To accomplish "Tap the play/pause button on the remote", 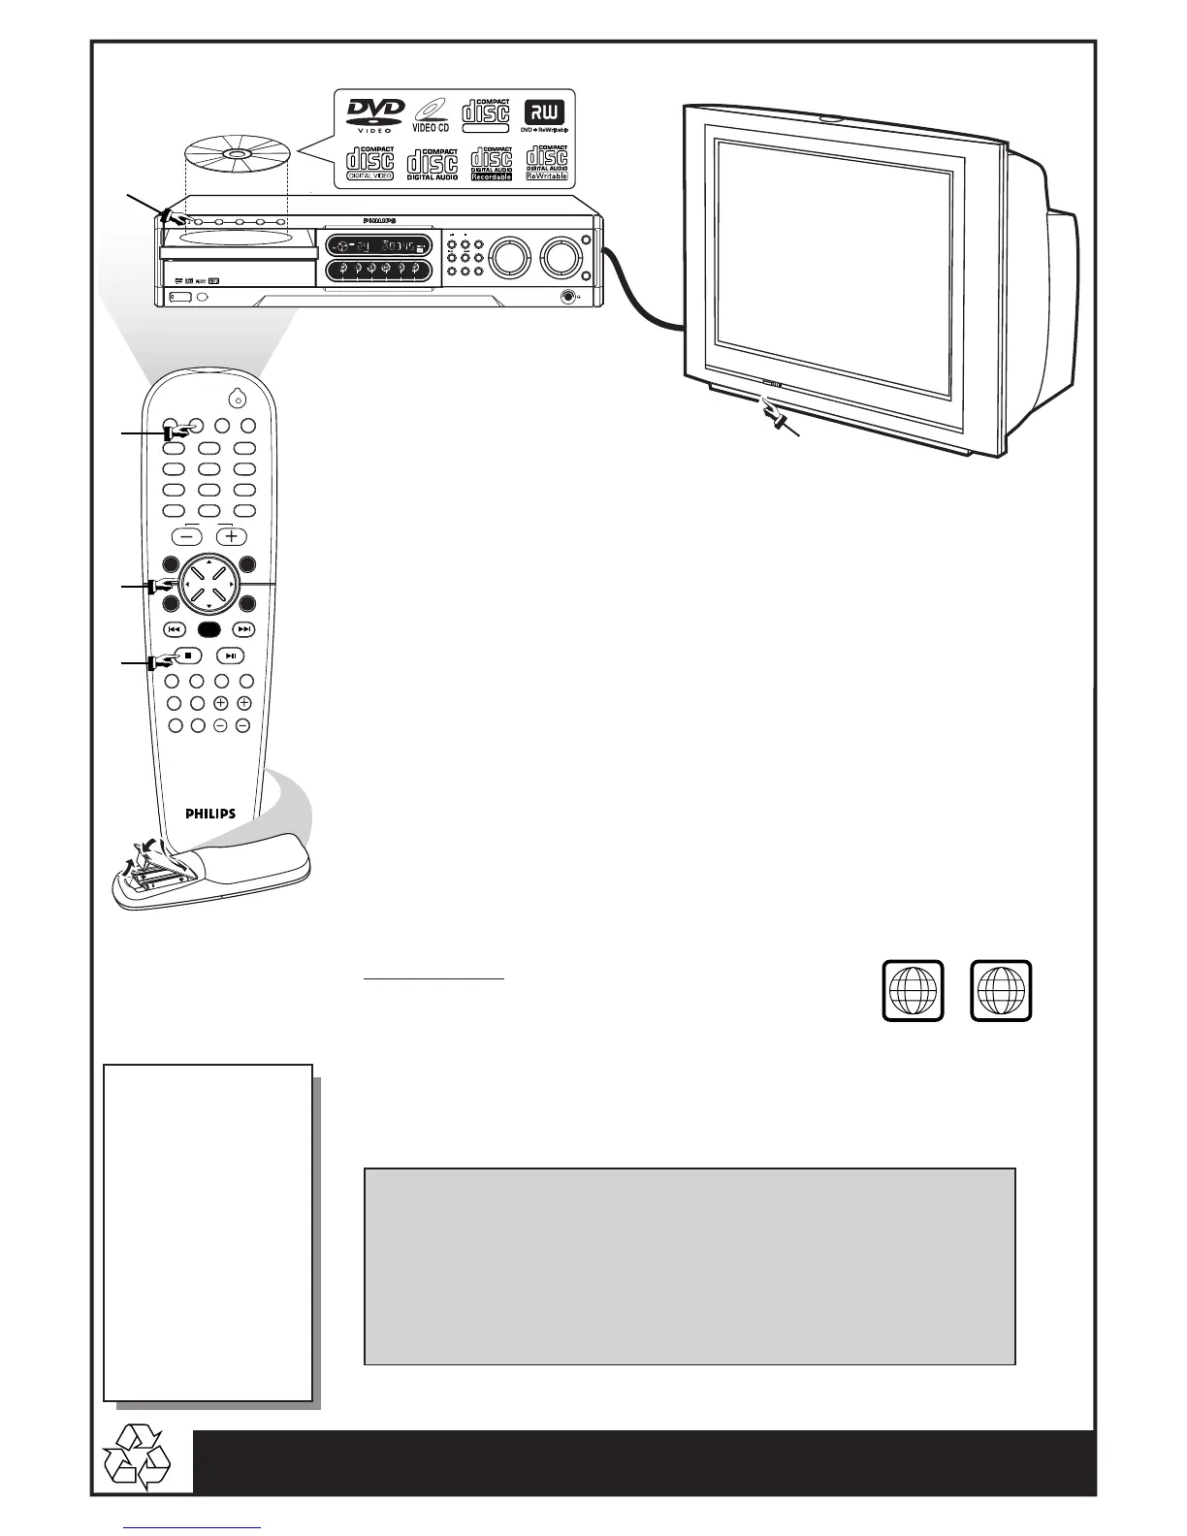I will (230, 656).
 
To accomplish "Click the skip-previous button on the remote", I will (175, 628).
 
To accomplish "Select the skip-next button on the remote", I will (245, 628).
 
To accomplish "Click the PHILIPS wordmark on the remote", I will (210, 815).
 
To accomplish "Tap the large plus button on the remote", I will (231, 536).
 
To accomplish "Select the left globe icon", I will (913, 990).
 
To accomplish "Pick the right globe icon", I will (1002, 990).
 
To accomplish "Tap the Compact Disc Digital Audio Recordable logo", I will (492, 163).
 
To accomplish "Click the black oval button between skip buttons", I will (210, 628).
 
